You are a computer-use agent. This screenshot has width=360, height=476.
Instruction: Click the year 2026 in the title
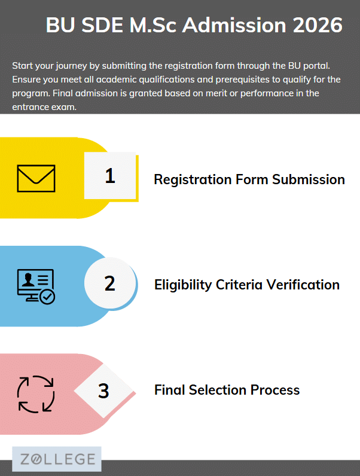click(318, 25)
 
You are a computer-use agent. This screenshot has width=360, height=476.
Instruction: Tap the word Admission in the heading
click(234, 25)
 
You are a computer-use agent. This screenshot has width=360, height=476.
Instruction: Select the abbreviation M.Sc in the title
click(153, 25)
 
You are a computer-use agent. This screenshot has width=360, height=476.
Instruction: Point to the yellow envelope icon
click(36, 178)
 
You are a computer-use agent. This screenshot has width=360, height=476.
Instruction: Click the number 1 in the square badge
click(110, 176)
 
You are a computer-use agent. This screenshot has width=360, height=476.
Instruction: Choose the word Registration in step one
click(193, 180)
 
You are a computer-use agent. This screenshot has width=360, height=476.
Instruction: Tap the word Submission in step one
click(309, 179)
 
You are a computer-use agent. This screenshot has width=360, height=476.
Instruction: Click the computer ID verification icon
click(36, 286)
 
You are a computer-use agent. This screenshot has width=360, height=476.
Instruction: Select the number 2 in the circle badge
click(110, 283)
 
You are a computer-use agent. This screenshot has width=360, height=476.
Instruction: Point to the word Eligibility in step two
click(183, 285)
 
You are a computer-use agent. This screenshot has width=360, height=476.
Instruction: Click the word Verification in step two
click(303, 285)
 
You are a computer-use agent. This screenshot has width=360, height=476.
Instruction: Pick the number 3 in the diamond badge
click(103, 390)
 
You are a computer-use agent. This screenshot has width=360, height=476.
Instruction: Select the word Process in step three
click(275, 390)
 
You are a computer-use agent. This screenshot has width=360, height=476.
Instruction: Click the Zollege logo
click(57, 459)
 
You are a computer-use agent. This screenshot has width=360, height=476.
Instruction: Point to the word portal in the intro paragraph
click(316, 66)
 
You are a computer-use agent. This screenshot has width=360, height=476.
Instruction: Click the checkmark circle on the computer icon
click(47, 297)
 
